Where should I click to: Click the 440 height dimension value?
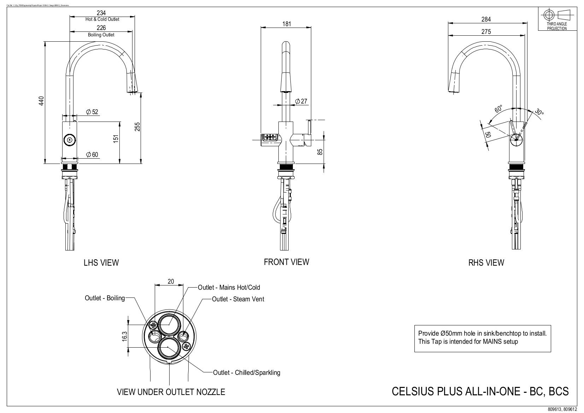coord(41,101)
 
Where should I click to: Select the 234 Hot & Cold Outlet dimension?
coord(101,13)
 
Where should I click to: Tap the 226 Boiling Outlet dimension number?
coord(101,28)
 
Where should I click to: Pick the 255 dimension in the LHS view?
coord(137,126)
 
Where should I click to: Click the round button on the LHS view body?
coord(69,140)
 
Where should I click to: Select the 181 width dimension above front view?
coord(287,24)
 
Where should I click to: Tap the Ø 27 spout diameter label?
coord(301,101)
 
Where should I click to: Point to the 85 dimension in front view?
coord(320,152)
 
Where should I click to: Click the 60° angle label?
coord(499,108)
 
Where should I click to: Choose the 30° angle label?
coord(539,112)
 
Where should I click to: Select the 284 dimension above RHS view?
coord(486,19)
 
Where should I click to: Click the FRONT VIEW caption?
coord(286,262)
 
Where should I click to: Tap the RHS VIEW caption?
coord(486,262)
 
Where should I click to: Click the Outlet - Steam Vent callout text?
coord(238,299)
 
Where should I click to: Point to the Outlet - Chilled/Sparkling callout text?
coord(246,372)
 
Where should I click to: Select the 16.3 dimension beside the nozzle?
coord(125,336)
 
